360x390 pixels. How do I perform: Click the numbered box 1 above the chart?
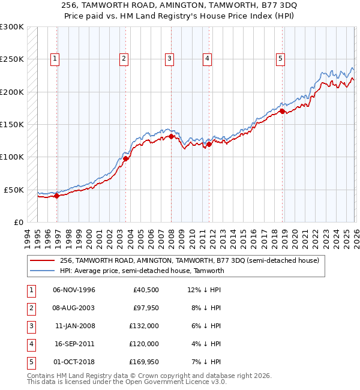pos(55,58)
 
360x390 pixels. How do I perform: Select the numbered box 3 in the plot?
pos(170,58)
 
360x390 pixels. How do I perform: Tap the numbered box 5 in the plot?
pos(281,58)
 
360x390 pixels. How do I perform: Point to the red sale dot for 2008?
pos(171,136)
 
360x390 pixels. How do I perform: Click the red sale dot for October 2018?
pos(282,111)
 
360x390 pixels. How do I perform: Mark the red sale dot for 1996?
pos(56,196)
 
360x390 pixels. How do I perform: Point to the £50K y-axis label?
pos(14,190)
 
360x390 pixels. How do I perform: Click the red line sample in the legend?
pos(43,260)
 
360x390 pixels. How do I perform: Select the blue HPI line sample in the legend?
pos(43,271)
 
